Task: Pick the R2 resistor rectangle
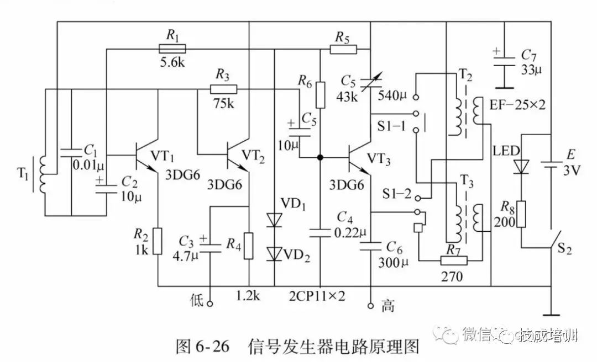click(x=158, y=241)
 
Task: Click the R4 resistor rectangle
click(x=249, y=246)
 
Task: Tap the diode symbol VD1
click(x=275, y=220)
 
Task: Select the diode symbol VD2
click(x=275, y=253)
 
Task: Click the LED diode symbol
click(x=521, y=166)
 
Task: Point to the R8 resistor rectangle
click(x=521, y=214)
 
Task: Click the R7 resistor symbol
click(x=453, y=260)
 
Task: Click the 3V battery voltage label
click(x=573, y=171)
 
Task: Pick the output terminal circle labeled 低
click(x=210, y=302)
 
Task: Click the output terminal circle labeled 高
click(x=370, y=305)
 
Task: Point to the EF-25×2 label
click(x=517, y=104)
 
